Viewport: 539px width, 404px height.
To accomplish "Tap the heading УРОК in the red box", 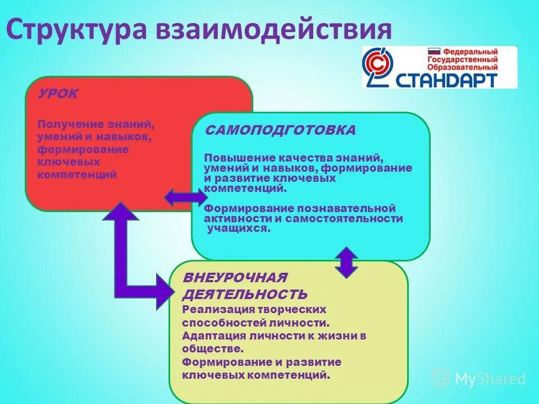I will pyautogui.click(x=58, y=93).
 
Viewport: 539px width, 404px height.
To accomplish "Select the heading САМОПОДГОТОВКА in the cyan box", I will pyautogui.click(x=280, y=130).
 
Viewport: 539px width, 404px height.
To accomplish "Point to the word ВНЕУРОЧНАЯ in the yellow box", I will pyautogui.click(x=235, y=278).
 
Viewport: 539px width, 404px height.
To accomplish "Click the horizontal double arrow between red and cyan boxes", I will pyautogui.click(x=186, y=197).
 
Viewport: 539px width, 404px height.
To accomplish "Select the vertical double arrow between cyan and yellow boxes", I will pyautogui.click(x=346, y=262).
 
